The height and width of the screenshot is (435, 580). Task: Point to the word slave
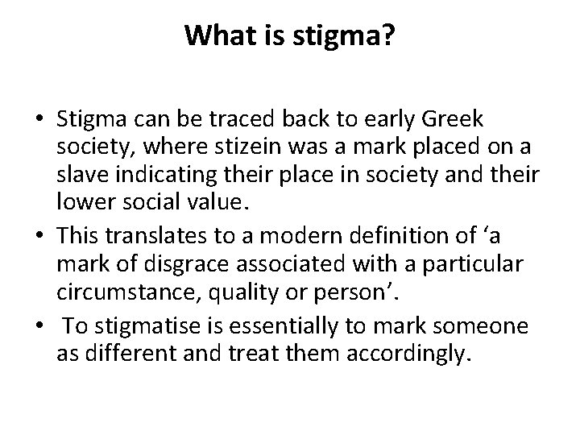[x=82, y=174]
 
